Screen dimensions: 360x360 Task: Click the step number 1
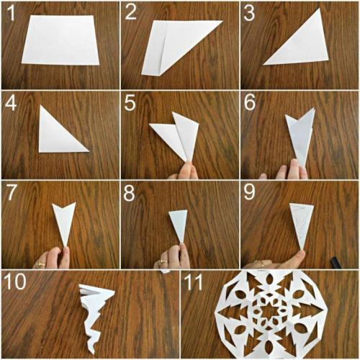(x=11, y=13)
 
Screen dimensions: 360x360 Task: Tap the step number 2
(x=130, y=12)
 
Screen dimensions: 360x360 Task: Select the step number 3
(x=249, y=13)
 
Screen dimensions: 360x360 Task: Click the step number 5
(x=130, y=103)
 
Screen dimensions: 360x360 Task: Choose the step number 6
(x=250, y=102)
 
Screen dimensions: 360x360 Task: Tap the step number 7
(x=11, y=192)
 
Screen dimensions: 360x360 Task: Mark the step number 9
(x=249, y=192)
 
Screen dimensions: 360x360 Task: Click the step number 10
(x=15, y=282)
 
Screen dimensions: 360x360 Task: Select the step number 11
(x=193, y=282)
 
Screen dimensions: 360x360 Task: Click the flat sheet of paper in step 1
(x=60, y=40)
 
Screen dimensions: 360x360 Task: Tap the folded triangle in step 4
(x=59, y=135)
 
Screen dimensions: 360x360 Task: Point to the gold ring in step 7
(x=40, y=264)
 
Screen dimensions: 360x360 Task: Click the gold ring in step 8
(x=163, y=262)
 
